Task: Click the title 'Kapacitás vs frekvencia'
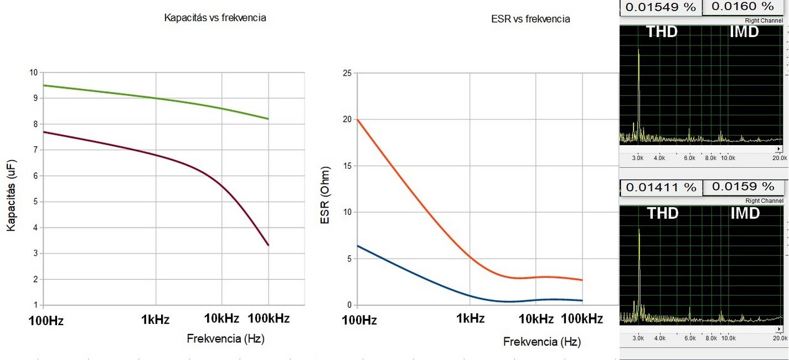coord(215,18)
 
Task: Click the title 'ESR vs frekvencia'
coord(530,19)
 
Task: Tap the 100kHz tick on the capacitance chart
coord(269,318)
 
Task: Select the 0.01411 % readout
coord(661,187)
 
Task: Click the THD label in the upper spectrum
coord(662,32)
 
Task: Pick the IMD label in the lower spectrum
coord(744,213)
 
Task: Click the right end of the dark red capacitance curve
coord(269,245)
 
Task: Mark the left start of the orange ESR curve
coord(358,120)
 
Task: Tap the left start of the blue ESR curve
coord(358,245)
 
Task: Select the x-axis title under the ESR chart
coord(542,342)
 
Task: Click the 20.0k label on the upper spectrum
coord(780,158)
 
